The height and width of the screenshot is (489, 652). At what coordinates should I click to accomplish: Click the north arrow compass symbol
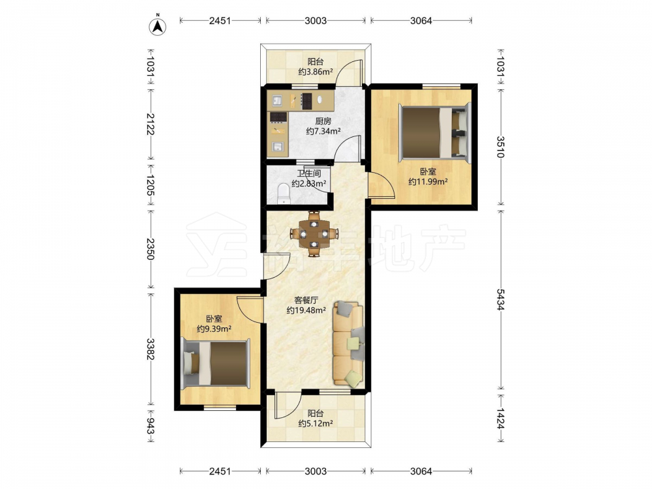pyautogui.click(x=158, y=26)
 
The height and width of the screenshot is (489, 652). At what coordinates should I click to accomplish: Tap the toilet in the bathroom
pyautogui.click(x=284, y=194)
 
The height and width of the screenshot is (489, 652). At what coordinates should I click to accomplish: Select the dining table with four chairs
pyautogui.click(x=315, y=233)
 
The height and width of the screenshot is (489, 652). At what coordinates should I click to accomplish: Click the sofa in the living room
pyautogui.click(x=348, y=344)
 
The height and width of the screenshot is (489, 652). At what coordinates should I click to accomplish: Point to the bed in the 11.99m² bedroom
pyautogui.click(x=434, y=132)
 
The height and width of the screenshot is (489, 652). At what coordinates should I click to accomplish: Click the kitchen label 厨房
pyautogui.click(x=323, y=121)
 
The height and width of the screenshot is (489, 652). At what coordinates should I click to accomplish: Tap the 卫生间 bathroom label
pyautogui.click(x=308, y=173)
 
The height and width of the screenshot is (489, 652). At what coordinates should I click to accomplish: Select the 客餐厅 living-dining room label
pyautogui.click(x=306, y=300)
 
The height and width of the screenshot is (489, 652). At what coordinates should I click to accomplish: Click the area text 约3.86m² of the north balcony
pyautogui.click(x=316, y=72)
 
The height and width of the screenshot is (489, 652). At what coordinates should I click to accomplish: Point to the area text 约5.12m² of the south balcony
pyautogui.click(x=316, y=424)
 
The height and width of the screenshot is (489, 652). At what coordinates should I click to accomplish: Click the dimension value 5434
pyautogui.click(x=500, y=299)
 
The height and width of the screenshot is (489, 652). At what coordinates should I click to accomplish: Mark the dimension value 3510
pyautogui.click(x=500, y=147)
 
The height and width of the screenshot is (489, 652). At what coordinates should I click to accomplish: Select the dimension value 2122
pyautogui.click(x=150, y=124)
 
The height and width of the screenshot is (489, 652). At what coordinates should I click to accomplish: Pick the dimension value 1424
pyautogui.click(x=500, y=418)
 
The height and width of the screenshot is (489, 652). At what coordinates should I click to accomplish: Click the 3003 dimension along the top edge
pyautogui.click(x=316, y=20)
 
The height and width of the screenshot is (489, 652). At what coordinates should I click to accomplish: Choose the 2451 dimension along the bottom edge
pyautogui.click(x=220, y=471)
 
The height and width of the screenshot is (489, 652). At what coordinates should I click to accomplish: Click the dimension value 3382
pyautogui.click(x=150, y=349)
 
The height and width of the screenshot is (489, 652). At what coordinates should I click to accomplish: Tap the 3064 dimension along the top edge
pyautogui.click(x=421, y=20)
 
